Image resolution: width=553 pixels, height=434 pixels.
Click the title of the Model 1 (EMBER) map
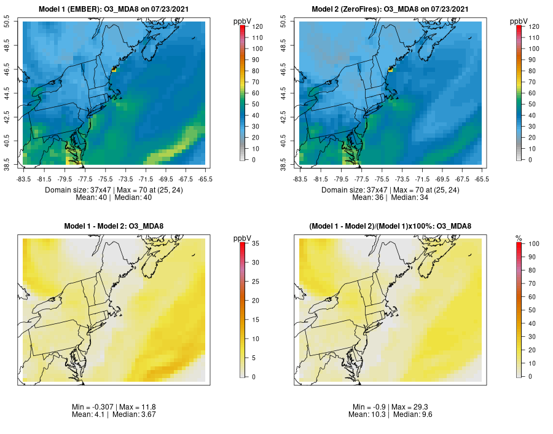[x=114, y=9]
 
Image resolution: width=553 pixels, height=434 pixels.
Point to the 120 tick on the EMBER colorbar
[x=257, y=27]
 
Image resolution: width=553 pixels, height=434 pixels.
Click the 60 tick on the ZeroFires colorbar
[x=532, y=93]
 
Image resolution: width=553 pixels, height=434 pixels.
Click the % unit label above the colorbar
[x=518, y=237]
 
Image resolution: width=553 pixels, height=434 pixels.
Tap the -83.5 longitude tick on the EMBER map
[x=24, y=179]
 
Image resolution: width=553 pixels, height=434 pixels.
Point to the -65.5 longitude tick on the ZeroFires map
[x=482, y=179]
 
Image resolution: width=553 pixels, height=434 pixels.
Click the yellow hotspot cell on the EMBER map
[x=114, y=71]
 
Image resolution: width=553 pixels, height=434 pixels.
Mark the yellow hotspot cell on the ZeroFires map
[x=390, y=71]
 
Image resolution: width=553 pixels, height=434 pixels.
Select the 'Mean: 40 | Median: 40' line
[x=114, y=198]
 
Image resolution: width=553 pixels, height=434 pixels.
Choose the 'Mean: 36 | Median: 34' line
[x=390, y=198]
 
